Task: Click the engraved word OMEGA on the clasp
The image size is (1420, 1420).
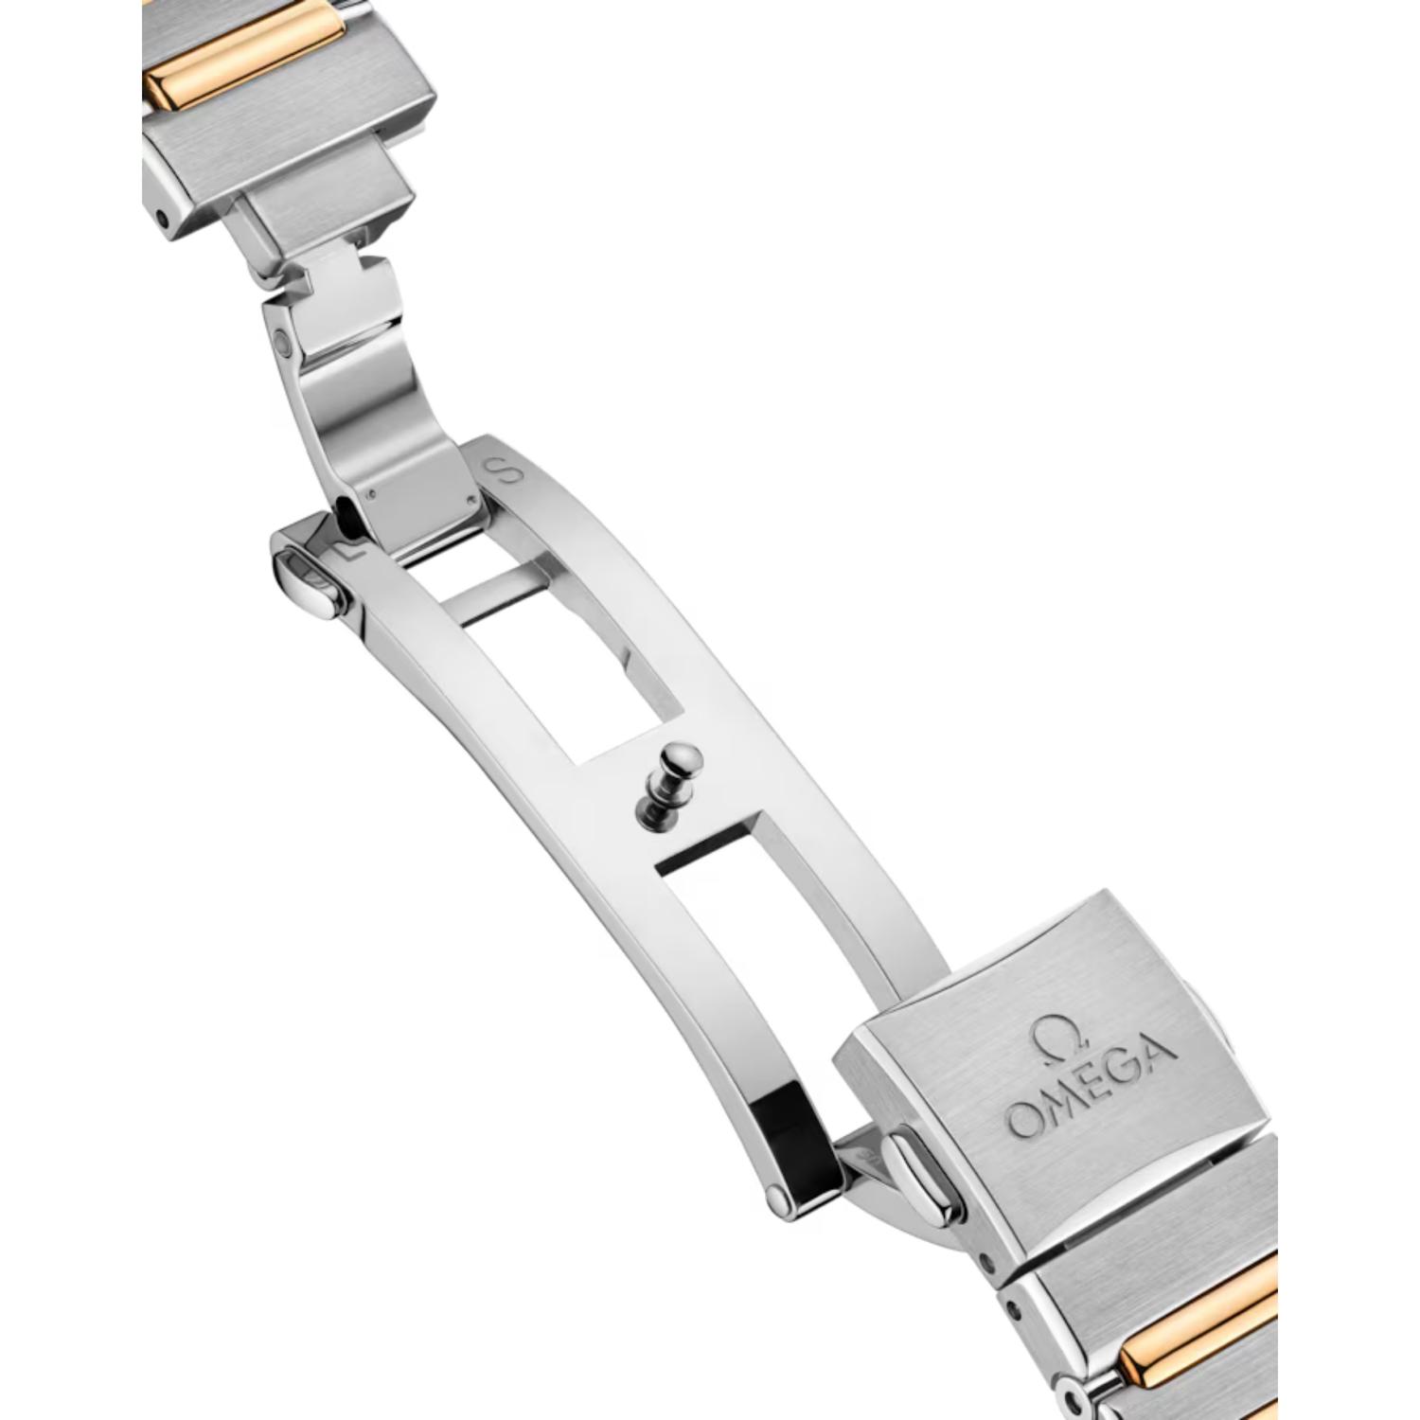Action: click(1092, 1087)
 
